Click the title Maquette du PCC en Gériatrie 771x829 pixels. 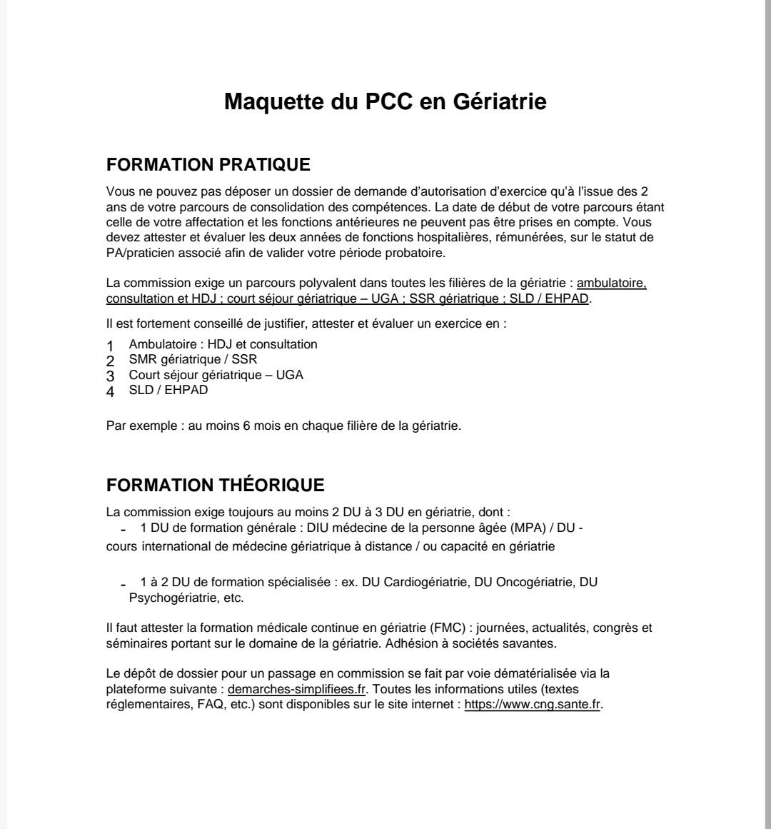tap(385, 101)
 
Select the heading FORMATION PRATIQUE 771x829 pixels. tap(208, 165)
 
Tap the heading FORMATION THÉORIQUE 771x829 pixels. tap(215, 486)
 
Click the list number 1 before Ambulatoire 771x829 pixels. tap(111, 346)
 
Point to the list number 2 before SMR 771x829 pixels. tap(111, 361)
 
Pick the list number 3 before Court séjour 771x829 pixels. tap(111, 376)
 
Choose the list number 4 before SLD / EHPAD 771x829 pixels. tap(111, 391)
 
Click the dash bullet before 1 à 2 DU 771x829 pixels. tap(124, 583)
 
